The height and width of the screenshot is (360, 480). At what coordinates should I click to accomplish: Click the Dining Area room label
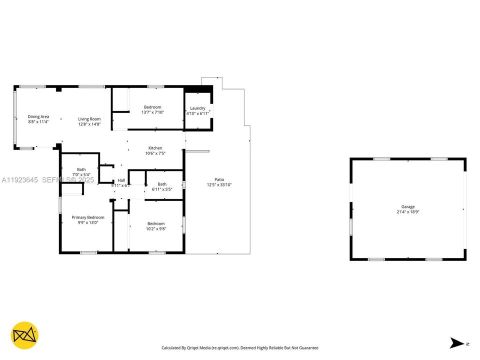tap(38, 117)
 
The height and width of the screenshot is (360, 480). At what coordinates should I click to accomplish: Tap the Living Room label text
tap(89, 119)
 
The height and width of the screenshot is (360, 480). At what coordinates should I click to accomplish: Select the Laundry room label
tap(197, 108)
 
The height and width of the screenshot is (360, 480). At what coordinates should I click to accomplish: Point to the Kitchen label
tap(155, 148)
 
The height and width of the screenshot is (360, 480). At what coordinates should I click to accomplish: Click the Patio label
tap(219, 179)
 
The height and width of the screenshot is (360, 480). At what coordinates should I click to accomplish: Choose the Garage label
tap(407, 206)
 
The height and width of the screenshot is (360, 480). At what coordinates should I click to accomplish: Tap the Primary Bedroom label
tap(88, 217)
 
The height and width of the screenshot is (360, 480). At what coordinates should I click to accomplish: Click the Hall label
tap(121, 180)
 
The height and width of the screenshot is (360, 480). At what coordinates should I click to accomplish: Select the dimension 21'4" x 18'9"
tap(407, 212)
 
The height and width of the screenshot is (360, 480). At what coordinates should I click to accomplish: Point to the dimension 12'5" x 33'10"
tap(219, 185)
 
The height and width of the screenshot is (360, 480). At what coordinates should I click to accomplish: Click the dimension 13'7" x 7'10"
tap(152, 112)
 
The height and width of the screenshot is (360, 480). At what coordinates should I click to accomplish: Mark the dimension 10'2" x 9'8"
tap(155, 228)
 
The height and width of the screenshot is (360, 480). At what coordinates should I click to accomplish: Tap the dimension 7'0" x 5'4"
tap(81, 174)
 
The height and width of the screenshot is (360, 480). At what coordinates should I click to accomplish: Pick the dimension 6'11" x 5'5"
tap(162, 189)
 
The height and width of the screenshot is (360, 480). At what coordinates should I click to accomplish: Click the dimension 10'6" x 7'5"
tap(155, 153)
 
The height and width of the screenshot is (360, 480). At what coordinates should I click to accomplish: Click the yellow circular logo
tap(24, 335)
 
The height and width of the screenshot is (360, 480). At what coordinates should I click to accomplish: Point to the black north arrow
tap(457, 343)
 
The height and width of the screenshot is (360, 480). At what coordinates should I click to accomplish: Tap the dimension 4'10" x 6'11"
tap(197, 113)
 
